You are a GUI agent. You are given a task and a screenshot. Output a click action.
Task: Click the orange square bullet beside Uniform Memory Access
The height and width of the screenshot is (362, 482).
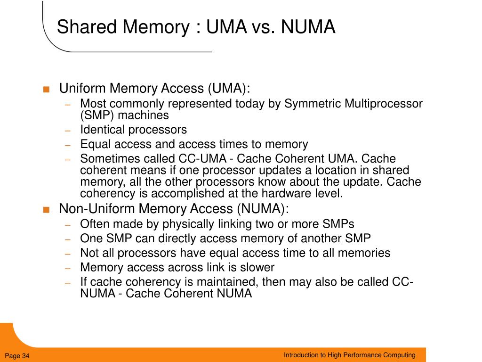click(x=46, y=90)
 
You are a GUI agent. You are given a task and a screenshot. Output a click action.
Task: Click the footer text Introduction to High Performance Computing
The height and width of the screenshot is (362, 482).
click(x=349, y=355)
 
